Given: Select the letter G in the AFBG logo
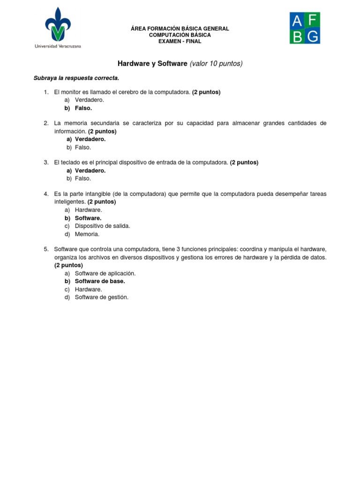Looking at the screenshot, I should point(313,36).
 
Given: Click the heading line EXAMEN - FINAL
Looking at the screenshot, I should point(180,41).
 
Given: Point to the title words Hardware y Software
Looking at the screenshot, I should point(151,63).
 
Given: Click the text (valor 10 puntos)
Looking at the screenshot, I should point(216,63).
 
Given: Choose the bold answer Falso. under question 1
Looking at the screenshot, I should point(83,108).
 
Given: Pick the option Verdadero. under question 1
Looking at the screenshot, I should point(90,100).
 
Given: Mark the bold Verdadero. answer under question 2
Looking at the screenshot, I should point(90,139).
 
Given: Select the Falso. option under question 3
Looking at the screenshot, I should point(83,178).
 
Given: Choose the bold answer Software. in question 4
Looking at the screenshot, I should point(88,218).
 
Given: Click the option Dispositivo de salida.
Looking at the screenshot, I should point(103,225).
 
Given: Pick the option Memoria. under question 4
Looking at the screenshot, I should point(87,234).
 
